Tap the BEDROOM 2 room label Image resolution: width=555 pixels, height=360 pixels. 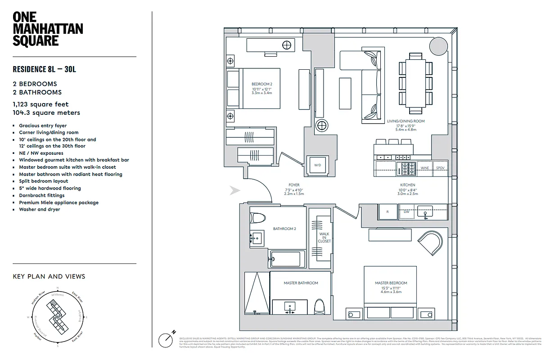click(x=262, y=84)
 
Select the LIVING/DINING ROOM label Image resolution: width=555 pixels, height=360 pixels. click(x=406, y=121)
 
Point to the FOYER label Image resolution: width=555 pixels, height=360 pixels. click(x=294, y=185)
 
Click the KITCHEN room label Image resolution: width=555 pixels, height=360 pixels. click(x=408, y=185)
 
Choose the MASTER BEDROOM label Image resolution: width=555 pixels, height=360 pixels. click(x=391, y=283)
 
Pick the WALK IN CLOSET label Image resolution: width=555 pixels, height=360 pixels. click(x=325, y=238)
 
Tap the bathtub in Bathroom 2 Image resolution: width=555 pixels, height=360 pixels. click(x=287, y=259)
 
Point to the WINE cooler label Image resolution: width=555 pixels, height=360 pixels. click(x=424, y=168)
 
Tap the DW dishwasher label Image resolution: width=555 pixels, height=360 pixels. click(x=406, y=211)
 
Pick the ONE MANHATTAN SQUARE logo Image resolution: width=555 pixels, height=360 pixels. click(x=47, y=29)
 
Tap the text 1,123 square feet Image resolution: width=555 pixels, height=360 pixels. click(x=41, y=104)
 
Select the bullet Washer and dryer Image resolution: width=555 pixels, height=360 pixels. click(x=39, y=209)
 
